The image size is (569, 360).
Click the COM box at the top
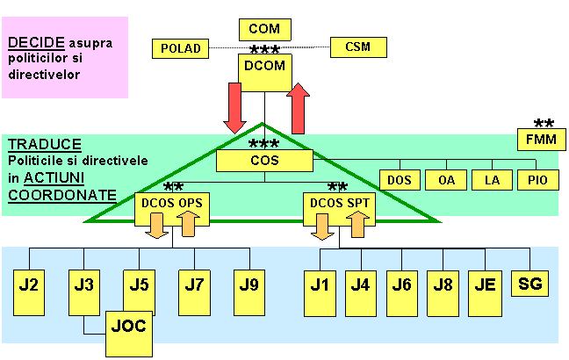264,29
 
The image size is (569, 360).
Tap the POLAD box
182,48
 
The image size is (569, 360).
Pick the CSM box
357,47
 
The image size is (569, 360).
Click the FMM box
541,140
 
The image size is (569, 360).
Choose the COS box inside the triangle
264,161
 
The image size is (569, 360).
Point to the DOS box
399,179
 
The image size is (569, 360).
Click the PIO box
538,179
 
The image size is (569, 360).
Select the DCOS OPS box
171,204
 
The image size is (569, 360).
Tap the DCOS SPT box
338,204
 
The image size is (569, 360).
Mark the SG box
530,283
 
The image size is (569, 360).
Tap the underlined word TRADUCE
45,144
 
